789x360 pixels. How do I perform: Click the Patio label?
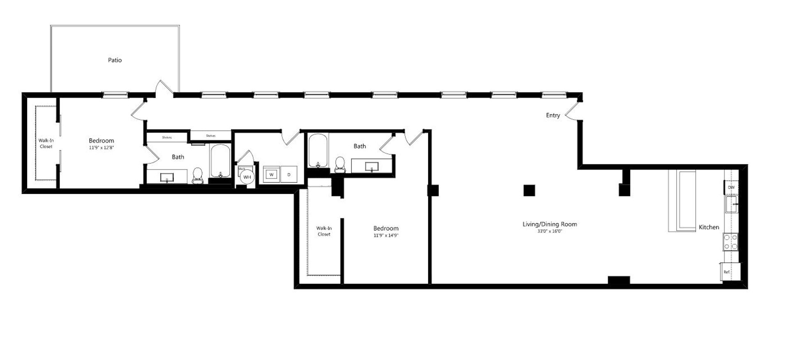pyautogui.click(x=115, y=60)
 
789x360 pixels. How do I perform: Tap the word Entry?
pyautogui.click(x=553, y=115)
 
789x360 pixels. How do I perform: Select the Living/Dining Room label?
pyautogui.click(x=549, y=224)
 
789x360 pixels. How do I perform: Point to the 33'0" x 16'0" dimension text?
pyautogui.click(x=549, y=231)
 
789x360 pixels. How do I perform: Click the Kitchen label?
pyautogui.click(x=709, y=227)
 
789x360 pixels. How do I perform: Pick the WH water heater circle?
pyautogui.click(x=247, y=177)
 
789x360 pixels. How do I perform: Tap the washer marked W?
pyautogui.click(x=271, y=175)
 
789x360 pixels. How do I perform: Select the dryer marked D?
pyautogui.click(x=289, y=175)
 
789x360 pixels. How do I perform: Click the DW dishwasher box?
pyautogui.click(x=731, y=187)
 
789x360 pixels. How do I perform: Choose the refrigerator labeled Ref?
pyautogui.click(x=727, y=272)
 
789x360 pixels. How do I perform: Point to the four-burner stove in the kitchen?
pyautogui.click(x=731, y=242)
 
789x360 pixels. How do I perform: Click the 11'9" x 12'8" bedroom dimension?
pyautogui.click(x=101, y=148)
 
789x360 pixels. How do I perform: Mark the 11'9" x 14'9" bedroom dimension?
pyautogui.click(x=386, y=235)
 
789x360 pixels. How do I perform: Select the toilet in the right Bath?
pyautogui.click(x=340, y=164)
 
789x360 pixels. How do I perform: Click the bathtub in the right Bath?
pyautogui.click(x=318, y=150)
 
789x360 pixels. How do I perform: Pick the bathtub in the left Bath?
pyautogui.click(x=221, y=161)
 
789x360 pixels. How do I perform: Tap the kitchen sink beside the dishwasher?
pyautogui.click(x=731, y=204)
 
